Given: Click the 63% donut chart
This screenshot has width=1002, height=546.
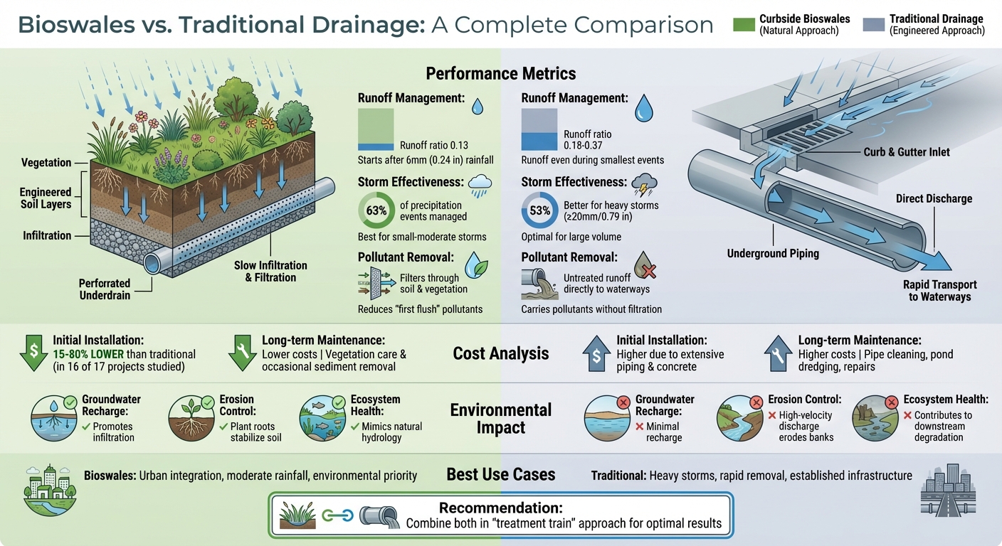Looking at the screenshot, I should click(x=376, y=210).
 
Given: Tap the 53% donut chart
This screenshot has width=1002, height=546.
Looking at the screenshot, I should click(x=540, y=210).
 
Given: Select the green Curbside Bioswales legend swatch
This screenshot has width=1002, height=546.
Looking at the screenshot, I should click(x=744, y=25).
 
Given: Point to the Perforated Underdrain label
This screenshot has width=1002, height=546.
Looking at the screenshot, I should click(x=105, y=289).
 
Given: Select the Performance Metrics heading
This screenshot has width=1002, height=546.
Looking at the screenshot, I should click(x=500, y=74).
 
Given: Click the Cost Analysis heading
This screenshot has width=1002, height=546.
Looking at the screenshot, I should click(x=500, y=353).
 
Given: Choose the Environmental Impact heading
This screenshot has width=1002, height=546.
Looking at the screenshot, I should click(x=500, y=419).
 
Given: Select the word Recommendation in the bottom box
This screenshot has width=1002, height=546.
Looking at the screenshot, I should click(x=500, y=508).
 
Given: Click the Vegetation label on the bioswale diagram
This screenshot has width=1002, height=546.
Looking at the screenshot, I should click(x=46, y=163).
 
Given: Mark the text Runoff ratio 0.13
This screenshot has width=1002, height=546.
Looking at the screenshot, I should click(x=433, y=144).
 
